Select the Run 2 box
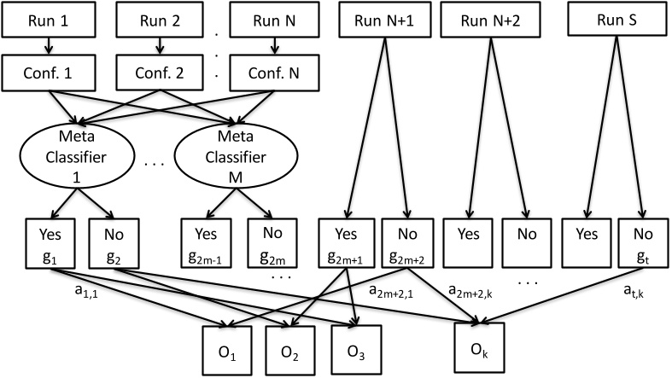pyautogui.click(x=155, y=20)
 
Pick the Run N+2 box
pyautogui.click(x=484, y=20)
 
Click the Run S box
pyautogui.click(x=610, y=20)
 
